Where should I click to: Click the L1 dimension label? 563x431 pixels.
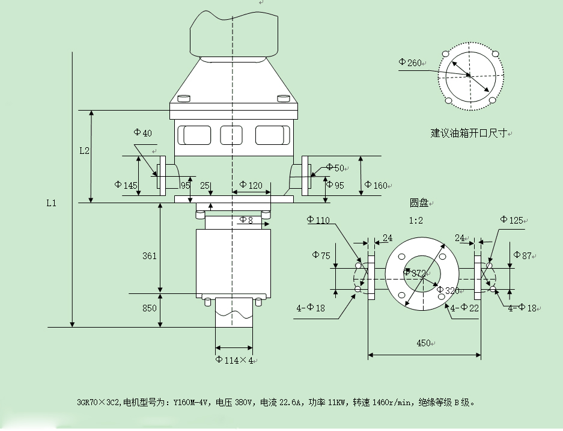point(51,203)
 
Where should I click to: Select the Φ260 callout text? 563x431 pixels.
point(410,62)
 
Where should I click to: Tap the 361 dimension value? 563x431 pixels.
point(149,255)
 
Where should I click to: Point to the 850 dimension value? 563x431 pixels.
point(149,308)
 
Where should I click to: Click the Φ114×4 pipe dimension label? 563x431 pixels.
point(234,360)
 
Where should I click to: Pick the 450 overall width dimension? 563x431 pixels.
point(424,343)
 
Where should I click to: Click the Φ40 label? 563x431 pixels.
point(142,132)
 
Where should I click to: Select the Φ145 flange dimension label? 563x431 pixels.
point(126,185)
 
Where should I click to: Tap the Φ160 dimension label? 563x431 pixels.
point(376,185)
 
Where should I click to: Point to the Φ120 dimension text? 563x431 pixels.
point(251,185)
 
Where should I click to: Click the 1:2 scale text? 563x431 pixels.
point(416,221)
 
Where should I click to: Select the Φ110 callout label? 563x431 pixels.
point(318,219)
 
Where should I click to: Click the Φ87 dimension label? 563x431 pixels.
point(523,255)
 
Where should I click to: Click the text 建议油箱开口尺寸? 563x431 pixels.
point(469,133)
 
